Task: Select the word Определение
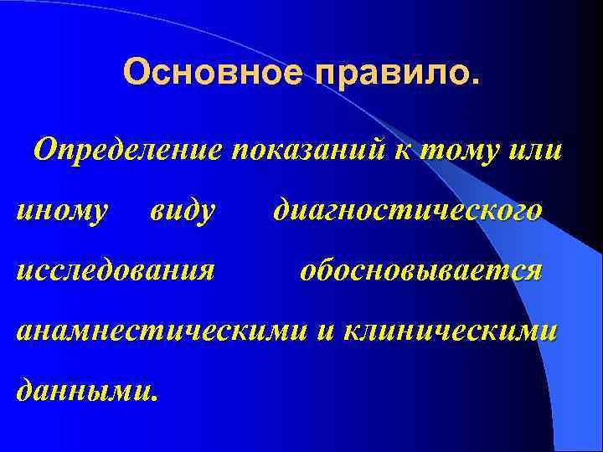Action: coord(126,152)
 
